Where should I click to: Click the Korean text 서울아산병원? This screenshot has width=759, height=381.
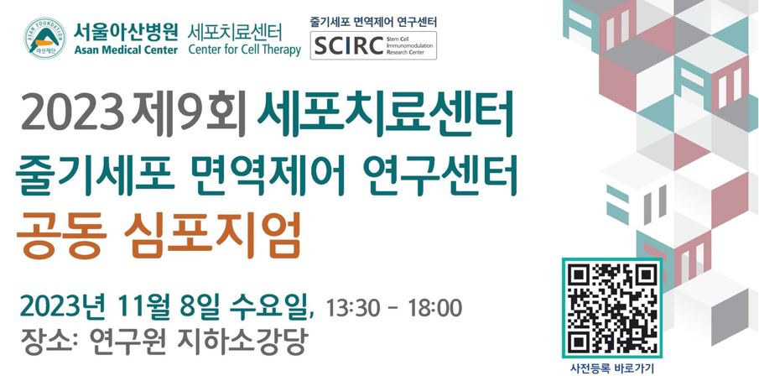point(125,30)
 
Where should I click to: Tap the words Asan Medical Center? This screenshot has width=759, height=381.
point(125,50)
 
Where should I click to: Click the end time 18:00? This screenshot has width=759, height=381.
point(434,307)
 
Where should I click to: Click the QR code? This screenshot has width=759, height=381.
point(611,307)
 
